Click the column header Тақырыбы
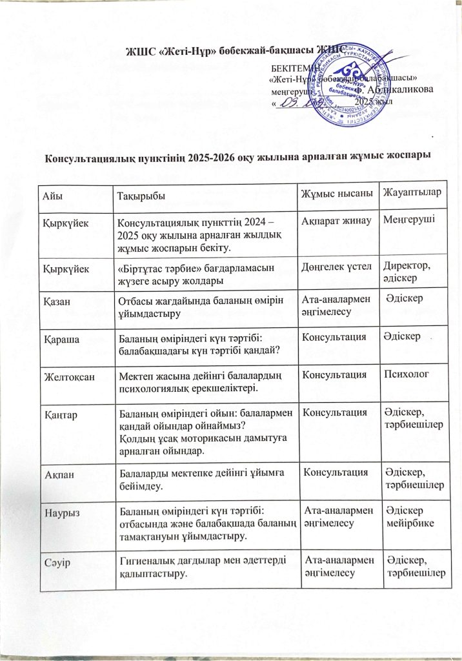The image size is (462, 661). pyautogui.click(x=139, y=195)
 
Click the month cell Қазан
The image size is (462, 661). pyautogui.click(x=57, y=300)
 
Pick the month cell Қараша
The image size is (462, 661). pyautogui.click(x=59, y=338)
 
